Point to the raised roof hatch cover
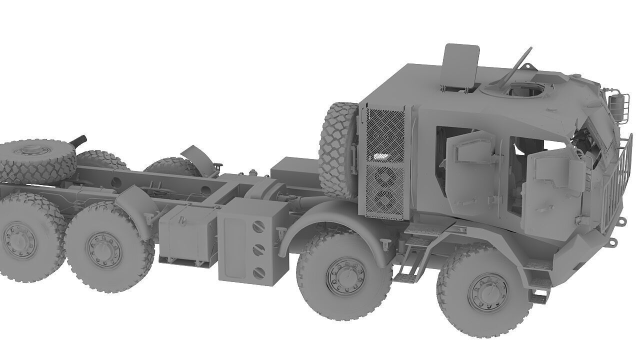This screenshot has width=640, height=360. coord(460,66)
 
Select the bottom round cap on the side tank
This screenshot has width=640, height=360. coord(259,272)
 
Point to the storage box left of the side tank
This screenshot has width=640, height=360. coord(186,235)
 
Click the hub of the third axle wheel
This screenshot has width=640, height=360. coord(103,247)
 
